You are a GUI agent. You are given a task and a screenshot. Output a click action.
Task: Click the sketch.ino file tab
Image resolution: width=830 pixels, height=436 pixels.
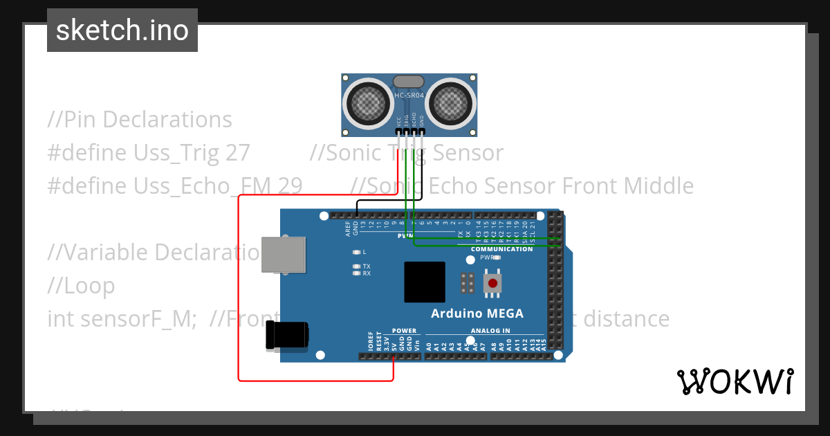[122, 30]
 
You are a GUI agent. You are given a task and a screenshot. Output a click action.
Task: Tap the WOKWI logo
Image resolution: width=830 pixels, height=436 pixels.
[735, 381]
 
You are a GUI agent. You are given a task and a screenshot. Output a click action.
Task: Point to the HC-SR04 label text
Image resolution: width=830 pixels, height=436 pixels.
[409, 96]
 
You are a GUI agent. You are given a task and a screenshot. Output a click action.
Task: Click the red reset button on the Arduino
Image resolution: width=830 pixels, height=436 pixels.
[493, 282]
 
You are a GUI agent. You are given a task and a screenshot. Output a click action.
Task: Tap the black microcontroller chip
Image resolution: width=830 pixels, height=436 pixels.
[425, 282]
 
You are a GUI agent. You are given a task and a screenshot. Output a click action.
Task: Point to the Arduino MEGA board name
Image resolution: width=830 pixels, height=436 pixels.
[477, 314]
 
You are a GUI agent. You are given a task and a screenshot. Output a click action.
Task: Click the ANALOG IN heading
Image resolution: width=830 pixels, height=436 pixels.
[490, 331]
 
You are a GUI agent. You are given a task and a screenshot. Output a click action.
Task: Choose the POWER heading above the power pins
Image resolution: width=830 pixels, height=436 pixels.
[404, 331]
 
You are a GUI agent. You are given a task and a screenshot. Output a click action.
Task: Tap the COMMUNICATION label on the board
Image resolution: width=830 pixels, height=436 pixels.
[501, 249]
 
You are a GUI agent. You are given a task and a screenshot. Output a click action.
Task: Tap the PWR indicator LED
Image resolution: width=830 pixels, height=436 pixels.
[497, 257]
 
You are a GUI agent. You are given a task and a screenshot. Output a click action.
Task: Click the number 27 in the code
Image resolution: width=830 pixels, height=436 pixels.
[237, 153]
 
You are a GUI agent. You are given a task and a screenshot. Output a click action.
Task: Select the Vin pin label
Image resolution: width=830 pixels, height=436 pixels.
[417, 344]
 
